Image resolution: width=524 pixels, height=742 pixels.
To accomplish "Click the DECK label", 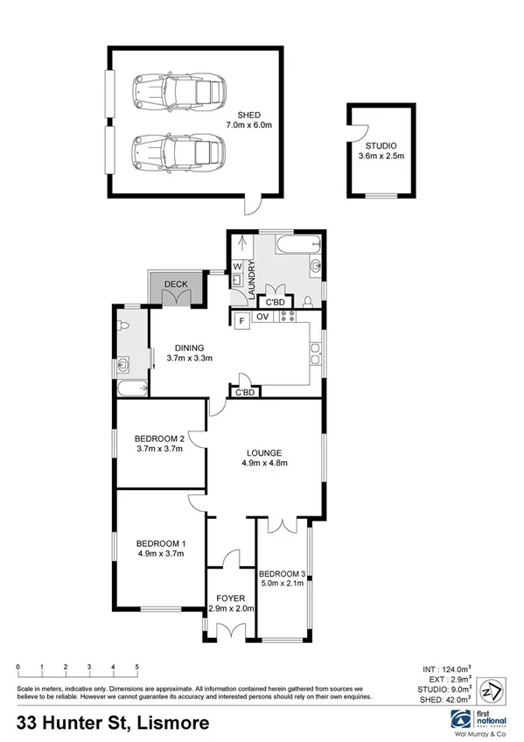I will pyautogui.click(x=177, y=284).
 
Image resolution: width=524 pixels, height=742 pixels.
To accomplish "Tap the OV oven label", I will pyautogui.click(x=262, y=317).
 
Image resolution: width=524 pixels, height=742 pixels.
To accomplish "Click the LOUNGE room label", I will pyautogui.click(x=265, y=458).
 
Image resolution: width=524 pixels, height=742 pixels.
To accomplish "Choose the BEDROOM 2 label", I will pyautogui.click(x=158, y=444).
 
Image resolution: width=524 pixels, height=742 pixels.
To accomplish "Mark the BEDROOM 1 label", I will pyautogui.click(x=158, y=548).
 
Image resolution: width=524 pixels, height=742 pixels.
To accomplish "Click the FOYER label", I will pyautogui.click(x=232, y=603).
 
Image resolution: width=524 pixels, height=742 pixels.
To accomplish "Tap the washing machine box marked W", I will pyautogui.click(x=237, y=266).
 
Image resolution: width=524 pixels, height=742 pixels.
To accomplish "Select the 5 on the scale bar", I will pyautogui.click(x=137, y=668).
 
